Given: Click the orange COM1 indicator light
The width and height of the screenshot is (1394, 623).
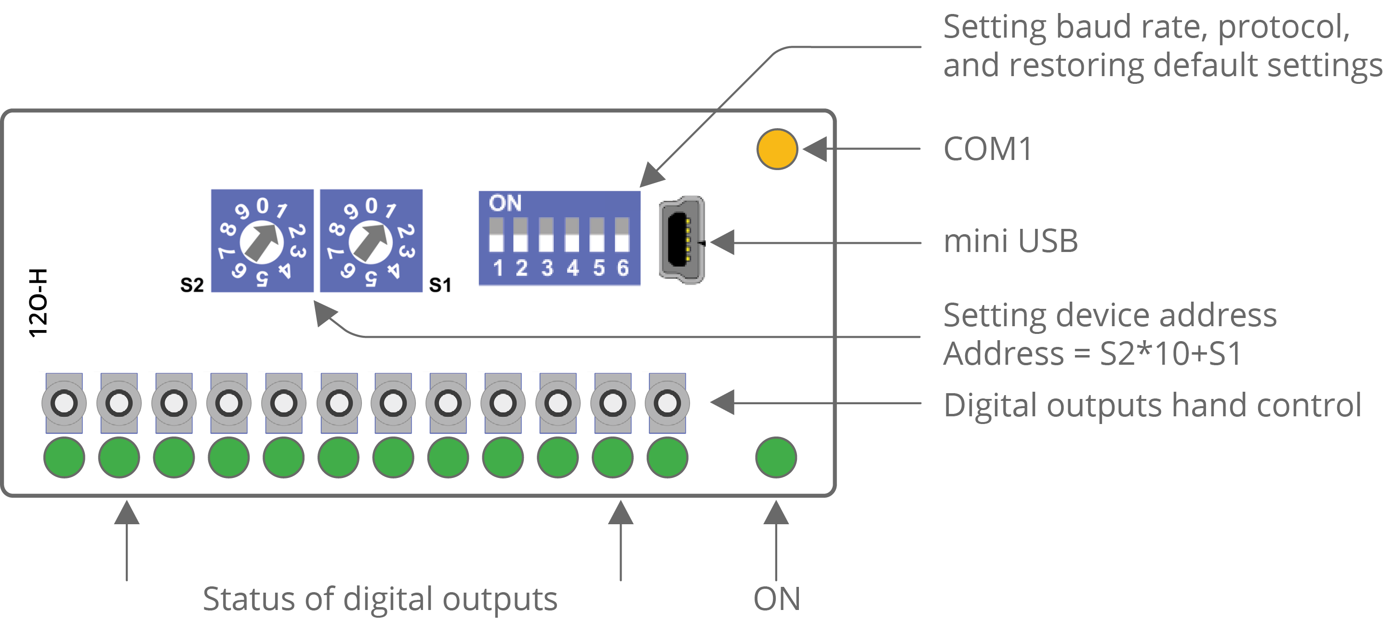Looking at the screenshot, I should point(777,149).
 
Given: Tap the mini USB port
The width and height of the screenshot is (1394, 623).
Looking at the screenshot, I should point(682,240).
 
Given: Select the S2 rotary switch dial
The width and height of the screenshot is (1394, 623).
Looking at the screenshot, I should point(262,241).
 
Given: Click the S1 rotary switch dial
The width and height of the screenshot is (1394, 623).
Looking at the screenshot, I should point(371,241).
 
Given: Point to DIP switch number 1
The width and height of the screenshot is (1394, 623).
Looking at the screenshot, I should point(496,236).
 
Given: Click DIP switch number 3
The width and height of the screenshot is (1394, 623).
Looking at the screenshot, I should point(546,236).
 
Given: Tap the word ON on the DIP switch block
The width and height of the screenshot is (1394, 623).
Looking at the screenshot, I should point(505,203).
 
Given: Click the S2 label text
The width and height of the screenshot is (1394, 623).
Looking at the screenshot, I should point(192,285).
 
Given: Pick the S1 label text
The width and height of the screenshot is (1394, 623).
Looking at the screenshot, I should point(440,285).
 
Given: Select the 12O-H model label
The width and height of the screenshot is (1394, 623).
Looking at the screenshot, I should point(38,303).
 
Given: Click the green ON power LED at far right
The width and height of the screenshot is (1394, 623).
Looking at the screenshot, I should point(775,457).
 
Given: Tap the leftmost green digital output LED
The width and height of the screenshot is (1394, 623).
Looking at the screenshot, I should point(64,457).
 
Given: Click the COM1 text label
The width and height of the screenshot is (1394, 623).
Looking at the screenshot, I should point(988,149).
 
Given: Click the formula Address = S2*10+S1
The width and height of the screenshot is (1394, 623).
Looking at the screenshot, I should point(1092,354).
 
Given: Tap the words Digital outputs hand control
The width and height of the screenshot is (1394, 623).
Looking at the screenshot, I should point(1152,405).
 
